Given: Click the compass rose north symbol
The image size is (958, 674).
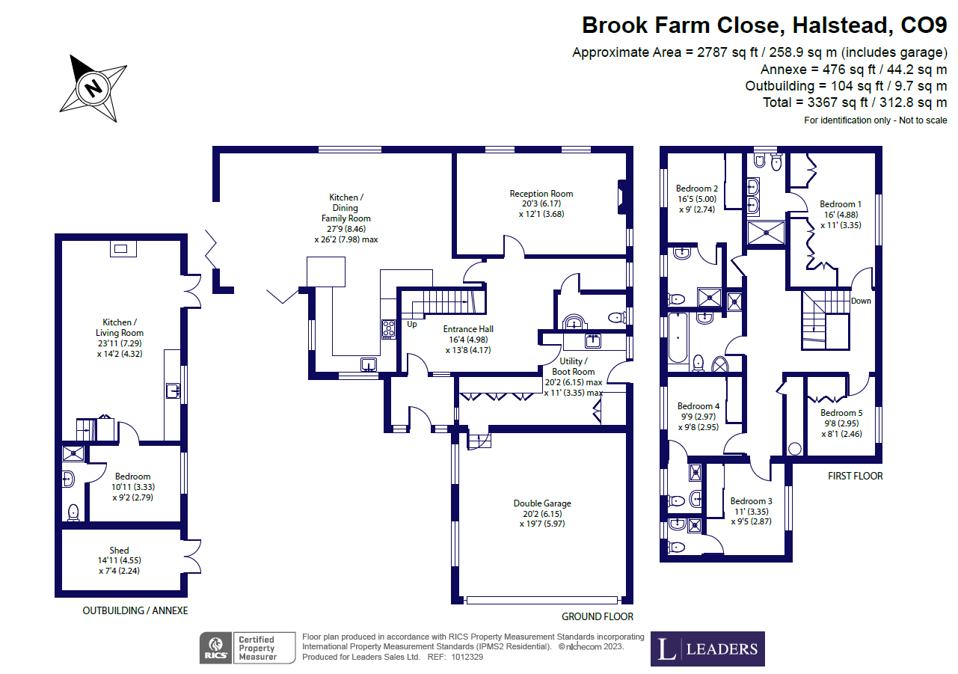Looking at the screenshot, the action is [x=93, y=88].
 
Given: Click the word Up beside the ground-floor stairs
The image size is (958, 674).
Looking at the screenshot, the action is [x=412, y=325].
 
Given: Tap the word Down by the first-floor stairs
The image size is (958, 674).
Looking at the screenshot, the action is [x=861, y=301].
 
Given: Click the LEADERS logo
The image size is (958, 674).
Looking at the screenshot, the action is [x=707, y=649].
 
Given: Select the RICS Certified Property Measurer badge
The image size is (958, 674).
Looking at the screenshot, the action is [x=239, y=648].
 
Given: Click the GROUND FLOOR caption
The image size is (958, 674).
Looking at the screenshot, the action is [x=598, y=616].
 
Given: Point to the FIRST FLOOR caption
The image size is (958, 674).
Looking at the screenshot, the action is [x=855, y=476].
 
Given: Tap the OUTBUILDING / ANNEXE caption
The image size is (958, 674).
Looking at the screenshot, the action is [x=135, y=610].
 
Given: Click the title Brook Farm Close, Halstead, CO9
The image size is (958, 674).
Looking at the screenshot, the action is [x=764, y=25].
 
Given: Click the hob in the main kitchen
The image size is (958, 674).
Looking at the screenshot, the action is [x=389, y=329].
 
